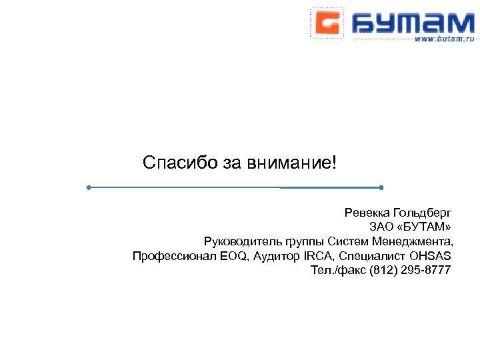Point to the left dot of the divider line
pos(89,188)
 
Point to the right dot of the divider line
pos(381,188)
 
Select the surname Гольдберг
pos(423,213)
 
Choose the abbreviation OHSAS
pos(430,256)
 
